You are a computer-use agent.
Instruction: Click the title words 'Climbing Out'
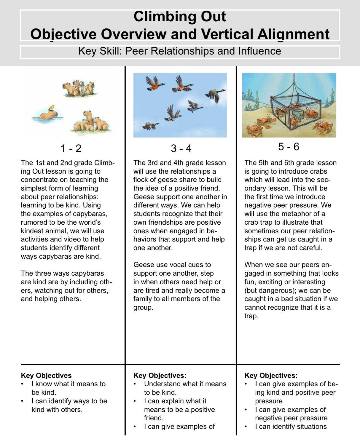[180, 17]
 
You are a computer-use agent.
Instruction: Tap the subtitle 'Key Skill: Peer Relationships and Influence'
[180, 51]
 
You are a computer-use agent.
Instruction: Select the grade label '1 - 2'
[71, 148]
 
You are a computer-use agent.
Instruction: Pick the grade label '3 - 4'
[181, 148]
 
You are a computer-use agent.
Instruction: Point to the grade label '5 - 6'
[289, 147]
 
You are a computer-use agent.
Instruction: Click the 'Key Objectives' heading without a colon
[46, 376]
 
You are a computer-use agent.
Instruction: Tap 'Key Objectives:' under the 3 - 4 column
[160, 376]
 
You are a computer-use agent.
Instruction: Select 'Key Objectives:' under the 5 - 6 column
[271, 376]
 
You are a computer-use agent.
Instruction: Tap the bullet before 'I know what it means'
[22, 384]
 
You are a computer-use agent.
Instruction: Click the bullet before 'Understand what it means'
[135, 384]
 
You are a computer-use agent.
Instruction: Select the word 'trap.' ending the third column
[251, 316]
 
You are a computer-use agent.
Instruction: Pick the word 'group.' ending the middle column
[143, 308]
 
